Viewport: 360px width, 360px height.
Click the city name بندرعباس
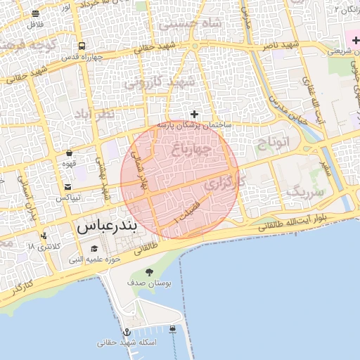coord(106,228)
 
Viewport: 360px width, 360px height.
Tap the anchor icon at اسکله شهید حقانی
coord(127,332)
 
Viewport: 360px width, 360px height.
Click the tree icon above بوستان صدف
coord(148,272)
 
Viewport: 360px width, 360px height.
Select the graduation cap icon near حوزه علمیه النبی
coord(94,249)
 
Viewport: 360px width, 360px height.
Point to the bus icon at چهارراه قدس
coord(83,45)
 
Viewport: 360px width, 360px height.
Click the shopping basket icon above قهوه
coord(69,153)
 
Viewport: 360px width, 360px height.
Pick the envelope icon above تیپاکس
coord(67,187)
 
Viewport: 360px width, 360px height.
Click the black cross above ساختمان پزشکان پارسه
coord(195,114)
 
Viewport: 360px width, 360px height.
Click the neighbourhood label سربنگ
coord(307,191)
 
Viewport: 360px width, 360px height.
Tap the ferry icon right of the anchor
coord(174,329)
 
